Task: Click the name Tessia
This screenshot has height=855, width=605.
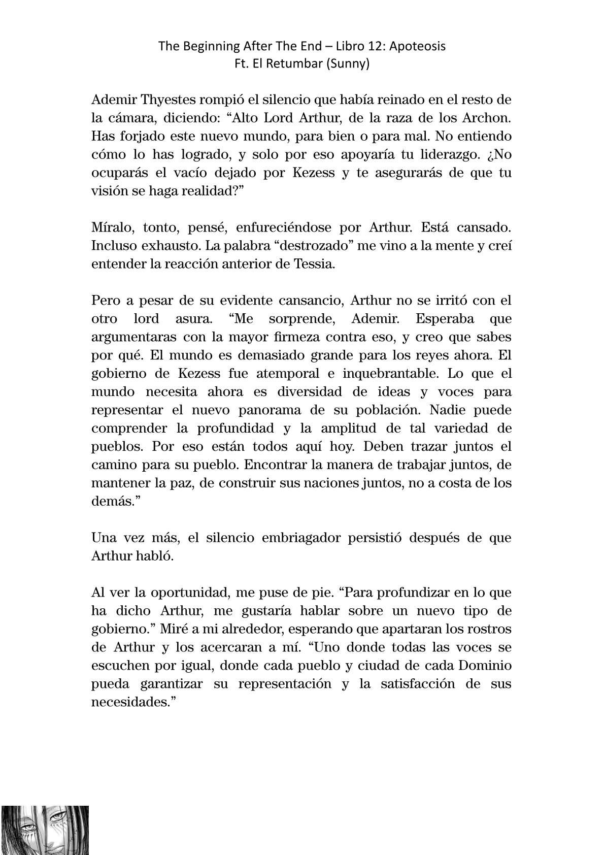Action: coord(314,265)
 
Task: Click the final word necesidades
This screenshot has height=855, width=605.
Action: coord(130,702)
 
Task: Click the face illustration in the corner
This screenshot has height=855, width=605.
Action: coord(45,829)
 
